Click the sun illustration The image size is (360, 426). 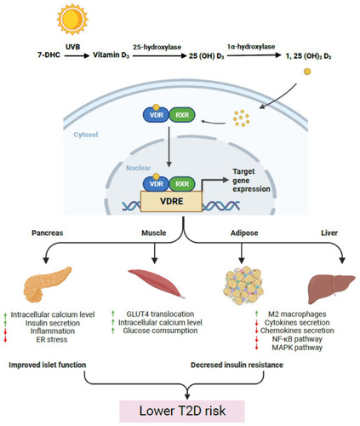pos(72,20)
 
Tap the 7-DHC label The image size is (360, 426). pos(49,55)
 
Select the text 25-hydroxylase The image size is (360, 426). pos(157,47)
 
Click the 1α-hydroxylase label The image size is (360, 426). pos(251,46)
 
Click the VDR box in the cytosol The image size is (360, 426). pos(157,115)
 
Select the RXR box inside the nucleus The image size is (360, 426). pos(182,184)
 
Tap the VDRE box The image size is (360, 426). pos(171,201)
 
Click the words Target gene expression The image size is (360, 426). pos(251,180)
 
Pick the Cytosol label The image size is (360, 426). pos(86,135)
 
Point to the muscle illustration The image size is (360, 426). pos(157,284)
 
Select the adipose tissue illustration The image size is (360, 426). pos(243,285)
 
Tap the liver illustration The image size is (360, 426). pos(331,289)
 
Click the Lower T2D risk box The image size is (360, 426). pos(182,411)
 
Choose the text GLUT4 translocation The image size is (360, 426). pos(160,314)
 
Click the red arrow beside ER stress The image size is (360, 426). pos(5,339)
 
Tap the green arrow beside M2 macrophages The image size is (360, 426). pos(257,314)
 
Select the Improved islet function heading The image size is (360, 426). pos(48,365)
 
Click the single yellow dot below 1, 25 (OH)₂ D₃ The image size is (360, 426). pos(307,72)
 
